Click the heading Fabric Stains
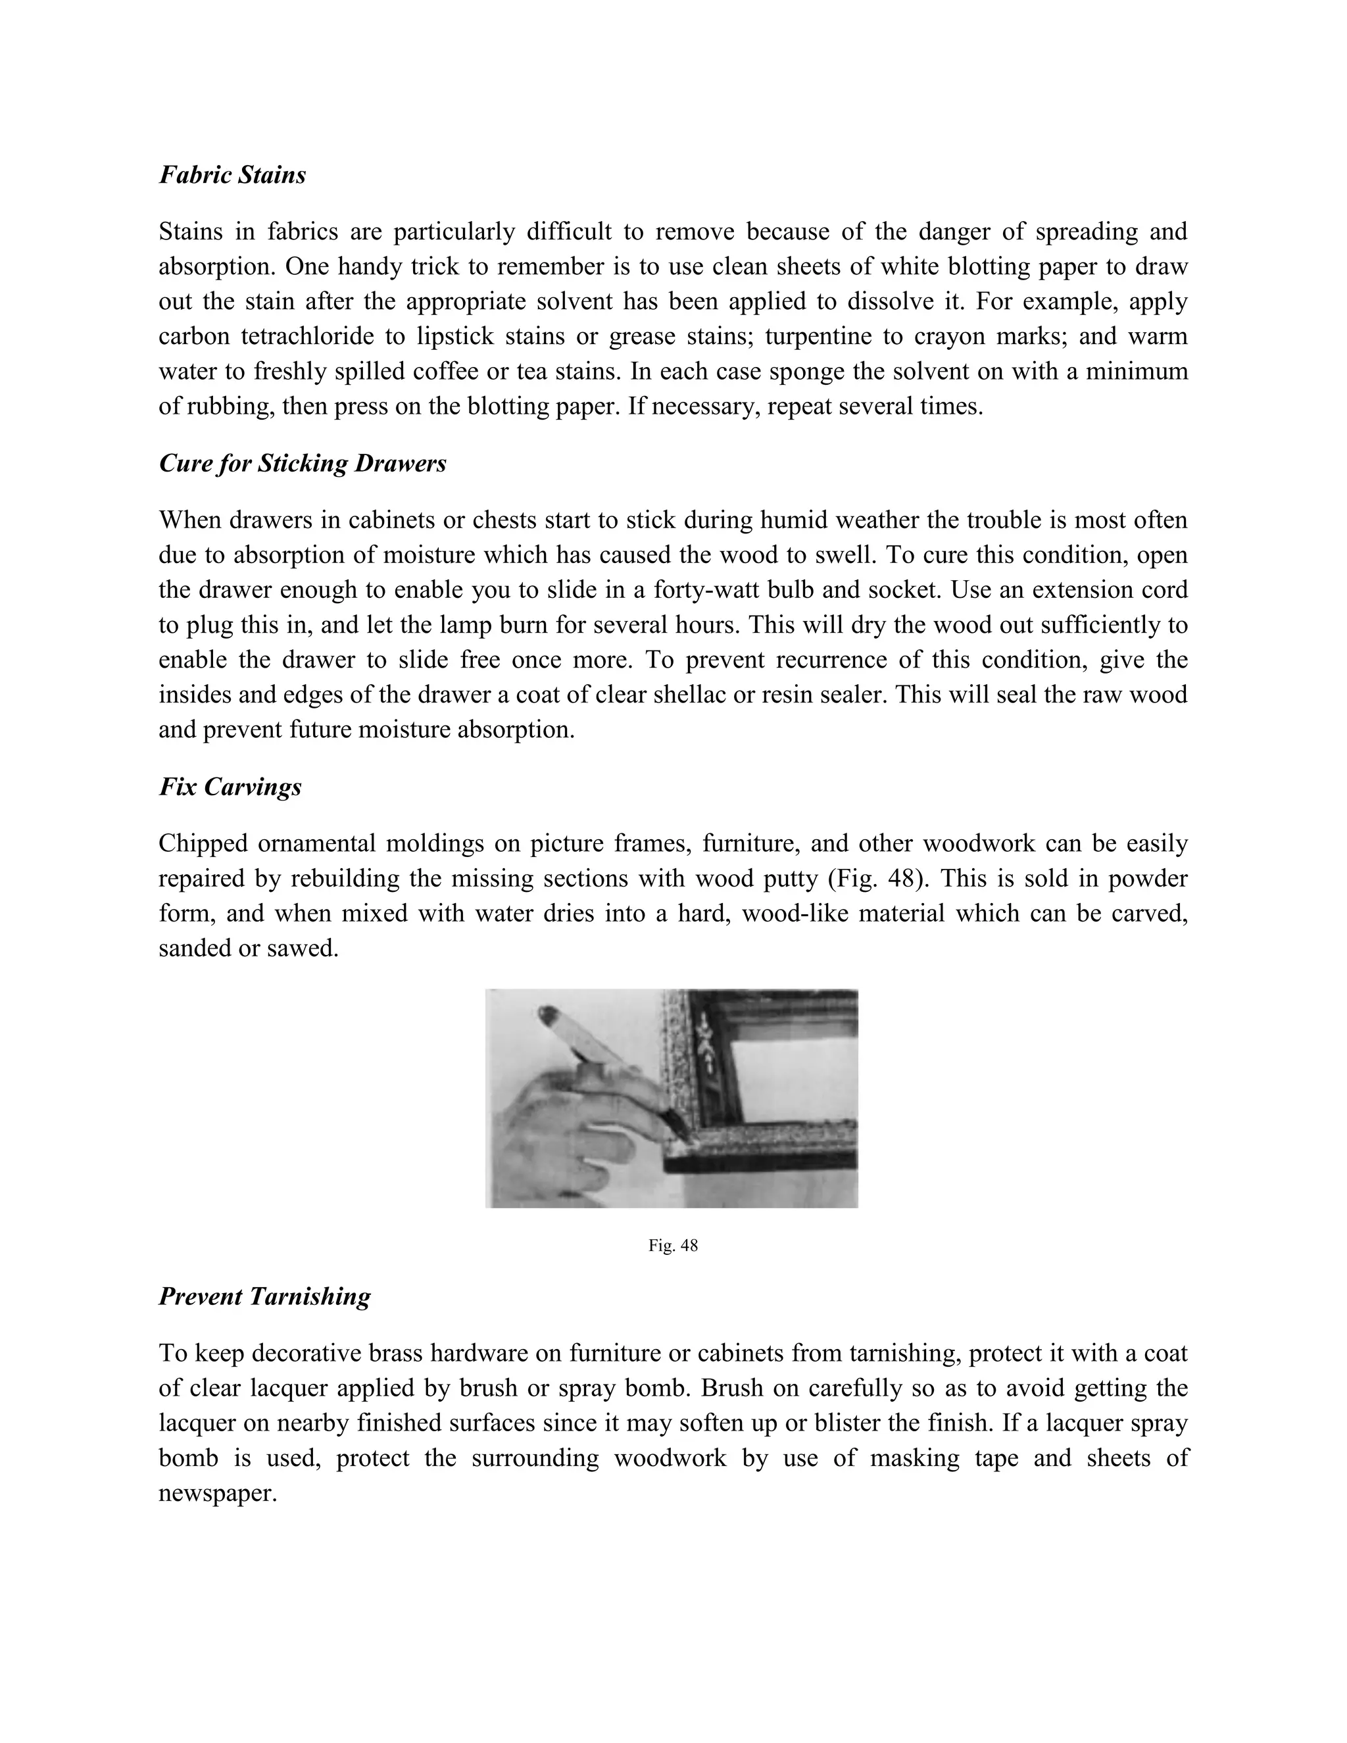point(232,175)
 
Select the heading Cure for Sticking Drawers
point(303,464)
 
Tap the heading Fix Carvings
point(230,787)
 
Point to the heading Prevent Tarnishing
point(264,1296)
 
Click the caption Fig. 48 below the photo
point(673,1246)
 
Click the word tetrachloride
point(307,337)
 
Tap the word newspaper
point(216,1493)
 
